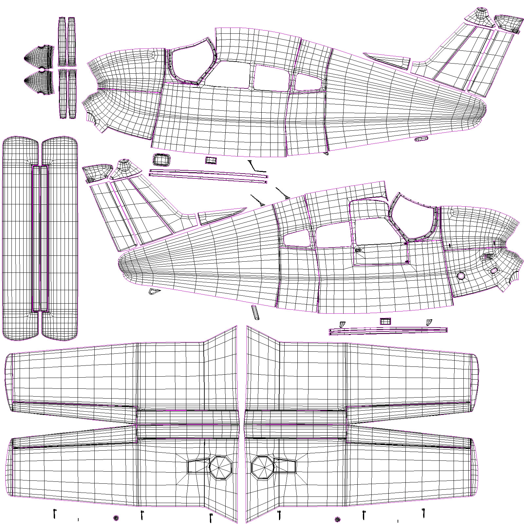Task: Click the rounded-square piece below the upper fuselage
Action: pos(161,160)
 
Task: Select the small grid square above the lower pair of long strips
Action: pos(385,321)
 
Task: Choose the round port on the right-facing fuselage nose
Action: pos(461,276)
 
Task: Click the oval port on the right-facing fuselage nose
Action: pos(494,271)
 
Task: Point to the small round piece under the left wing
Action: pos(116,518)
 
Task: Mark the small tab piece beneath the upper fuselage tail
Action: pos(421,139)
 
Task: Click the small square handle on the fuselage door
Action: pos(358,250)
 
